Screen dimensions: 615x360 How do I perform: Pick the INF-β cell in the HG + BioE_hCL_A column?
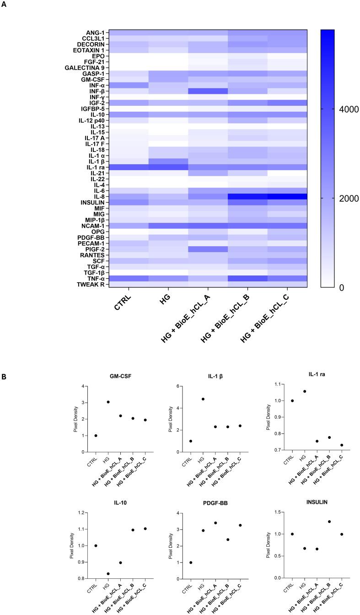pyautogui.click(x=208, y=91)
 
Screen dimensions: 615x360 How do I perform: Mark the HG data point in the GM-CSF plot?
pyautogui.click(x=108, y=402)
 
